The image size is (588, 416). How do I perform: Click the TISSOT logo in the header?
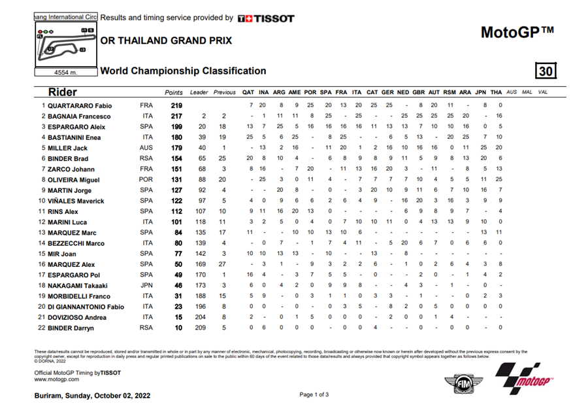266,18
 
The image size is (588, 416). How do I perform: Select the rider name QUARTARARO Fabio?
80,105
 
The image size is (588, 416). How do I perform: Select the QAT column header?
248,92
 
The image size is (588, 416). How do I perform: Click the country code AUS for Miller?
147,148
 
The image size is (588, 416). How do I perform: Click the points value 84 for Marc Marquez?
176,232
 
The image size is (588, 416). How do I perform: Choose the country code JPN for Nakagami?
147,285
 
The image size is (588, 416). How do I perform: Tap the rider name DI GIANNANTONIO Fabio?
84,306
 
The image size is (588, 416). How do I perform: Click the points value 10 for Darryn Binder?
176,327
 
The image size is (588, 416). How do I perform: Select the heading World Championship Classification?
183,71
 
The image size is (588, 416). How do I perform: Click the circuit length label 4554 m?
65,73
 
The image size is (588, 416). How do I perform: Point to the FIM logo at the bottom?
463,383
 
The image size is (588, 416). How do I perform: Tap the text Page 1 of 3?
314,394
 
